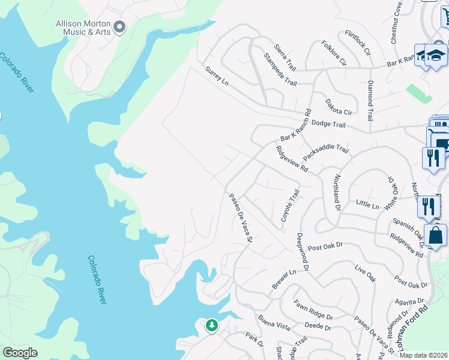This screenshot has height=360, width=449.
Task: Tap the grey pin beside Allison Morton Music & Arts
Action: coord(119,26)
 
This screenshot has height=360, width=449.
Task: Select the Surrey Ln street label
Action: coord(217,76)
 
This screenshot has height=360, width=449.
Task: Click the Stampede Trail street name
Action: coord(280,69)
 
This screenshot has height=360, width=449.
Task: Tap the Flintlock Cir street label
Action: coord(358,43)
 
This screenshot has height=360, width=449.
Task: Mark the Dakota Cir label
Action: coord(338,107)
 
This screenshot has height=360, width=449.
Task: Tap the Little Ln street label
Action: coord(367,205)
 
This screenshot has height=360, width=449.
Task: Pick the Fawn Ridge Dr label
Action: coord(313,312)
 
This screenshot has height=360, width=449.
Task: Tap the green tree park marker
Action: coord(211,325)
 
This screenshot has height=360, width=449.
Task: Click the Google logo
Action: coord(20,353)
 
